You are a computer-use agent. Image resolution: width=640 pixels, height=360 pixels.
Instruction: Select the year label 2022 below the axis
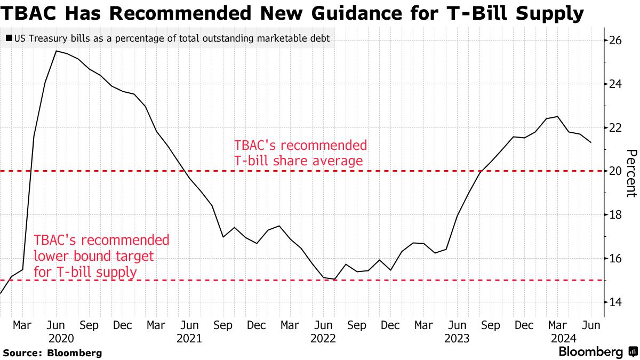click(x=323, y=338)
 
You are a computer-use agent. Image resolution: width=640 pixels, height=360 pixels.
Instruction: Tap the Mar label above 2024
click(x=558, y=325)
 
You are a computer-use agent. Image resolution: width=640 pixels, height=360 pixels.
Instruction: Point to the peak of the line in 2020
click(x=57, y=51)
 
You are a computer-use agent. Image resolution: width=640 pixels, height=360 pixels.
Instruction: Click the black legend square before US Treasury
click(x=9, y=38)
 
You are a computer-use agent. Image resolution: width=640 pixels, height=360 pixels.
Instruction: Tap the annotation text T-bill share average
click(x=298, y=160)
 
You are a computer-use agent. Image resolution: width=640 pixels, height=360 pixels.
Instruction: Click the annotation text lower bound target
click(x=93, y=256)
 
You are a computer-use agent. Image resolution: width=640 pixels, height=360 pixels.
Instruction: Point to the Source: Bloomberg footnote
click(x=52, y=353)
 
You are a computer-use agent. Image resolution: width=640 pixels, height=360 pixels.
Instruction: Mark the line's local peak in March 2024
click(x=558, y=116)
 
